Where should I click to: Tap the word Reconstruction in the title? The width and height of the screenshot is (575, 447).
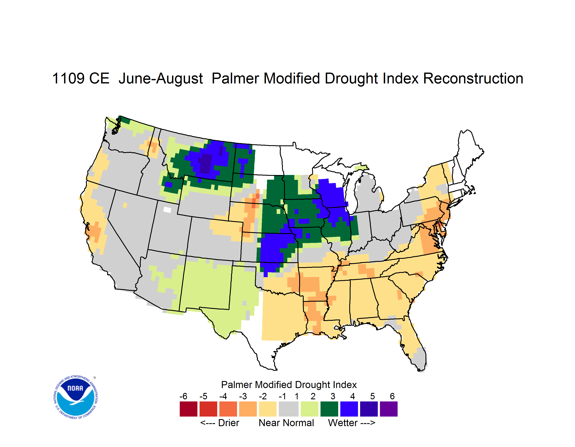(473, 78)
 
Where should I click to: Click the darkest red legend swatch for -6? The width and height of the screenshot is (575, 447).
(188, 409)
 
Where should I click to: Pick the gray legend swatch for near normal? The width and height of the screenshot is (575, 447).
(289, 409)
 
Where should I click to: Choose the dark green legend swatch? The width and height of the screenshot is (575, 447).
(329, 409)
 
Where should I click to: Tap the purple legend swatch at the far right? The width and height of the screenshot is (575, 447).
(389, 409)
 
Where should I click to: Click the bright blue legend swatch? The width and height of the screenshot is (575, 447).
(349, 409)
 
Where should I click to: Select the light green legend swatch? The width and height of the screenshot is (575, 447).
(309, 409)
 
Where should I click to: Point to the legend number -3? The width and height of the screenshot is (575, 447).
(243, 396)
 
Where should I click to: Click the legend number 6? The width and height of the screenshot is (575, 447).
(392, 396)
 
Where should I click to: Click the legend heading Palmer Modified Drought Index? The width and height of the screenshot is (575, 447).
(289, 385)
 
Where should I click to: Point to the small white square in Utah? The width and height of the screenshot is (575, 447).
(167, 210)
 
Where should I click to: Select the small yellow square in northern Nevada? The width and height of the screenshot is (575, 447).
(125, 205)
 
